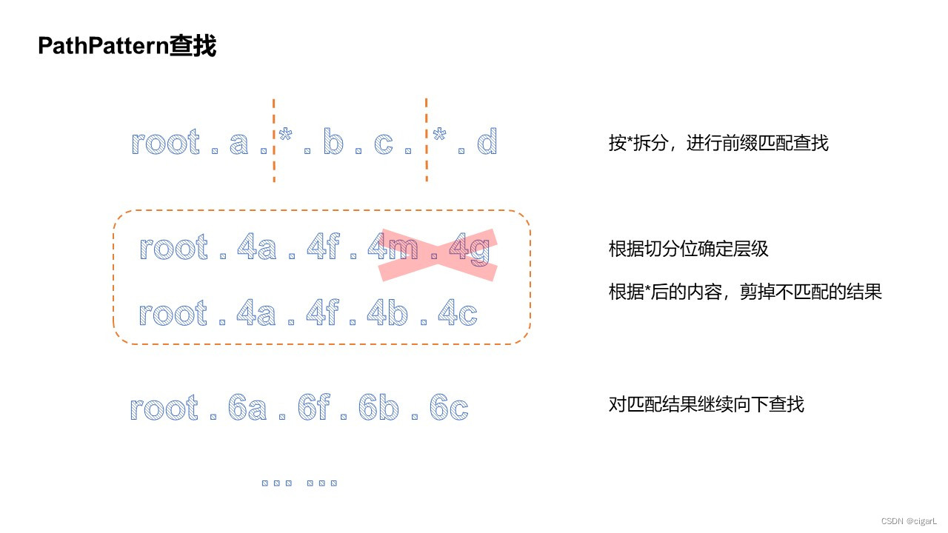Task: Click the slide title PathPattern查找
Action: (127, 47)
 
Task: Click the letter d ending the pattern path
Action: (487, 142)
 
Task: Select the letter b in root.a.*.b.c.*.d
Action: (333, 142)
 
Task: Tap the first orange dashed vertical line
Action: (274, 141)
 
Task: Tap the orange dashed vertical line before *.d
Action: (427, 141)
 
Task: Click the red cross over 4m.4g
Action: (436, 254)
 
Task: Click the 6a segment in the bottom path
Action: (247, 409)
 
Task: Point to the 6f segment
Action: (313, 409)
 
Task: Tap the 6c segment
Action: (448, 409)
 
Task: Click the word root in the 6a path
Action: (164, 409)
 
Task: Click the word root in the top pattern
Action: (166, 142)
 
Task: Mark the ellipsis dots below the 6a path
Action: (300, 483)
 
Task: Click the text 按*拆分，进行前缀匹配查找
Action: (718, 143)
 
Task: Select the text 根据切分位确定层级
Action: (688, 249)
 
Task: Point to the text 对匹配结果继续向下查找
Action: (706, 404)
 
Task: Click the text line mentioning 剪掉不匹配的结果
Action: (745, 292)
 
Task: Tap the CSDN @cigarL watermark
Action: (911, 521)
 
